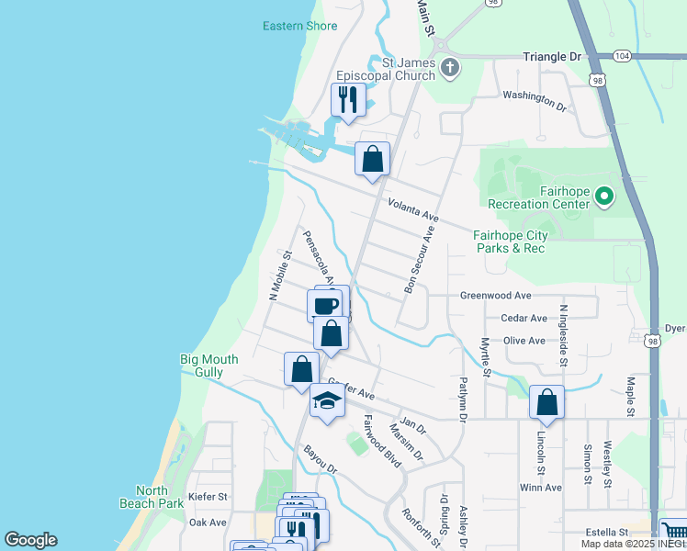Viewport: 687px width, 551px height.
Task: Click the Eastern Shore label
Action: pyautogui.click(x=300, y=26)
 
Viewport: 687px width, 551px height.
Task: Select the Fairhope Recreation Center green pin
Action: pyautogui.click(x=603, y=196)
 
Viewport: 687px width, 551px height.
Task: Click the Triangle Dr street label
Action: pyautogui.click(x=553, y=57)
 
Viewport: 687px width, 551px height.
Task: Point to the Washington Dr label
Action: pyautogui.click(x=535, y=100)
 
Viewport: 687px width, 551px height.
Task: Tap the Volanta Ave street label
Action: pyautogui.click(x=413, y=210)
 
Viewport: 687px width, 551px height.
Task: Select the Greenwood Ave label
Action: pyautogui.click(x=496, y=296)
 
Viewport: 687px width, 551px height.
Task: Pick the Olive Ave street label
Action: pyautogui.click(x=524, y=340)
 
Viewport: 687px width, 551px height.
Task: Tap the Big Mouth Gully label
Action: pyautogui.click(x=209, y=365)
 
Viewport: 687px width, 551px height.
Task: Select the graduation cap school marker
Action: pyautogui.click(x=326, y=399)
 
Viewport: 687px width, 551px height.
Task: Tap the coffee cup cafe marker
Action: pyautogui.click(x=325, y=304)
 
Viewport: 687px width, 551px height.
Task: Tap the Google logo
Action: pyautogui.click(x=31, y=540)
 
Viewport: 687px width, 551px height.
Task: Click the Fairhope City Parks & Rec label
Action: pyautogui.click(x=510, y=242)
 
